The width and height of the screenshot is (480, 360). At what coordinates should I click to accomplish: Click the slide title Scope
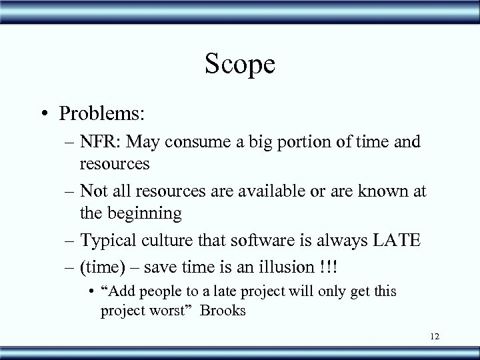(240, 64)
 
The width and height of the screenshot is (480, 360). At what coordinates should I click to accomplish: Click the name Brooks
(227, 310)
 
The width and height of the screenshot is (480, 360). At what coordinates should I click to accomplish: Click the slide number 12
(435, 339)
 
